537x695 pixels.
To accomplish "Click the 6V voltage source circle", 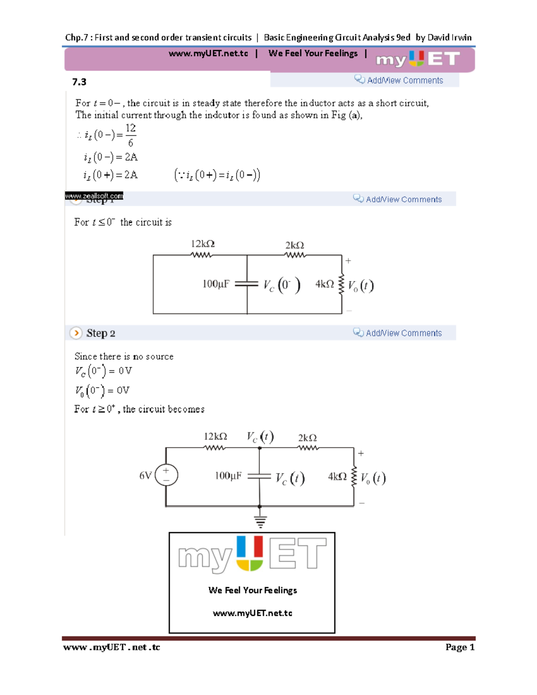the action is click(166, 475).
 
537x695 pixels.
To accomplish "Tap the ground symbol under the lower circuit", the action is click(260, 521).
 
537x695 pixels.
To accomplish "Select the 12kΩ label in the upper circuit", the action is click(203, 244).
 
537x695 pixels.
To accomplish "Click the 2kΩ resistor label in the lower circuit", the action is click(307, 438).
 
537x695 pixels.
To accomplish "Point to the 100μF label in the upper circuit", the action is click(216, 284).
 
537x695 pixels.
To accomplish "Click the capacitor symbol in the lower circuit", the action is click(260, 477).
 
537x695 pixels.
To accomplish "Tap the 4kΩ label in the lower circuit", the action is click(337, 477).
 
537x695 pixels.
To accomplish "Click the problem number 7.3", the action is click(79, 82).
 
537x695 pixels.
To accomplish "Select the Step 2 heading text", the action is click(101, 333).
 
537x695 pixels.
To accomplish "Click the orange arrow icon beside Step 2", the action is click(76, 333).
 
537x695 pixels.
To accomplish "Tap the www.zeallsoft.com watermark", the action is click(94, 196).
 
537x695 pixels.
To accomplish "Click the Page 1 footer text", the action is click(460, 647).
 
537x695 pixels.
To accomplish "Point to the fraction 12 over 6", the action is click(130, 135).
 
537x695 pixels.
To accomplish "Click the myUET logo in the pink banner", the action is click(418, 59).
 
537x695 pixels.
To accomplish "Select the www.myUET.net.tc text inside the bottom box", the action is click(252, 613).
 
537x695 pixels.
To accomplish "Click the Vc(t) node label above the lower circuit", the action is click(260, 436).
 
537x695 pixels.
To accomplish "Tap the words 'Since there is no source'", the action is click(124, 357).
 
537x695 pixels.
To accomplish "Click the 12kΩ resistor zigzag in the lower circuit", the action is click(215, 448).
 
